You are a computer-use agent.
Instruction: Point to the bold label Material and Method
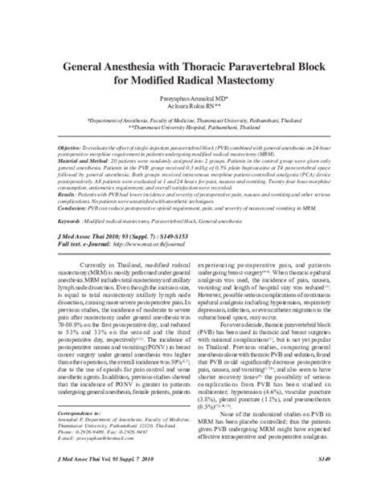(x=89, y=160)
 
